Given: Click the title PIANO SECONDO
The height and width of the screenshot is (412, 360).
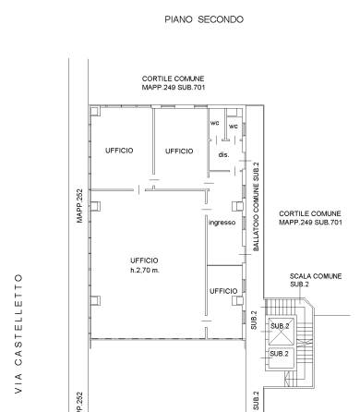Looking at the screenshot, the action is coord(204,19).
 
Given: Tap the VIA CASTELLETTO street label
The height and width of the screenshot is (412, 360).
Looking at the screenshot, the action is coord(18,333).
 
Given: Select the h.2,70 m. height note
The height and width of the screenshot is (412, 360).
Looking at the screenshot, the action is coord(145,271).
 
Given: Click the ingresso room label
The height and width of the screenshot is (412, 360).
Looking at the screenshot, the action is coord(222,223).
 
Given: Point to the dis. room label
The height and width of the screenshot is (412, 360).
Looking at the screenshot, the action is coord(223,154).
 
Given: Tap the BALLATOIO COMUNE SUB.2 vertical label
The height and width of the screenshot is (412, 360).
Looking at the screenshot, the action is coord(256,207).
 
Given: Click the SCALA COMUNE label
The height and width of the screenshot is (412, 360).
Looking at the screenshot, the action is coord(316,276).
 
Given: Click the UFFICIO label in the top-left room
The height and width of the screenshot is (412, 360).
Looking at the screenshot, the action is coord(119,151).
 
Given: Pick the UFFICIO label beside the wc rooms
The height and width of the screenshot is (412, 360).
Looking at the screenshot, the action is coord(179,151).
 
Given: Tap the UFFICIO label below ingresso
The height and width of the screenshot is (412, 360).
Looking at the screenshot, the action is coord(223,291).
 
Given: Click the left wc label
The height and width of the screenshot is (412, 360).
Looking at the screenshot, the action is coord(215,123).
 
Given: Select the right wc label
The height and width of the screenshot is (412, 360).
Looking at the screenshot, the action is coord(234,127).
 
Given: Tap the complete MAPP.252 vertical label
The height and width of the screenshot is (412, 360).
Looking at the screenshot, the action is coord(79,206).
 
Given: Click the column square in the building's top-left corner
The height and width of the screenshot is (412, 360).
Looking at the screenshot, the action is coord(95,111).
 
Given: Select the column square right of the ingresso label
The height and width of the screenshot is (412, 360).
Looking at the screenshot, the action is coord(237,206).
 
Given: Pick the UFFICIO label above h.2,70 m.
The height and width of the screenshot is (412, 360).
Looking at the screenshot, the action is coord(144,261).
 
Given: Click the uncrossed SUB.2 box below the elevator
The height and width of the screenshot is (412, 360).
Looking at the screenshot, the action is coord(282,357).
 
